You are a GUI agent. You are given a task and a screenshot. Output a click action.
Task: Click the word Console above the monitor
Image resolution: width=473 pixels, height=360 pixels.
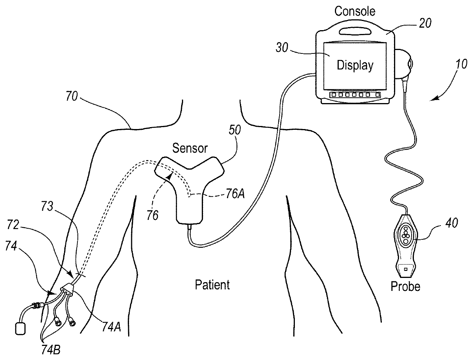click(x=355, y=11)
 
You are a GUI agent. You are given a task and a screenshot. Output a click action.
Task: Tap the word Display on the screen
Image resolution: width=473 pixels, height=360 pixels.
click(x=355, y=65)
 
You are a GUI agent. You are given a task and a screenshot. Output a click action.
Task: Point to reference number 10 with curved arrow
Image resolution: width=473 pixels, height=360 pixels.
click(x=460, y=65)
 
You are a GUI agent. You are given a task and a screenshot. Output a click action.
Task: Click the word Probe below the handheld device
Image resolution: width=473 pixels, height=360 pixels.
click(x=405, y=286)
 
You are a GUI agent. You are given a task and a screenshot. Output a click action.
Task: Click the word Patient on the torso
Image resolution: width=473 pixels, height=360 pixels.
click(x=212, y=285)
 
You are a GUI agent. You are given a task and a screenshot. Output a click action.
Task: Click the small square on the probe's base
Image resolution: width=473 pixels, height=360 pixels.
click(x=406, y=269)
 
